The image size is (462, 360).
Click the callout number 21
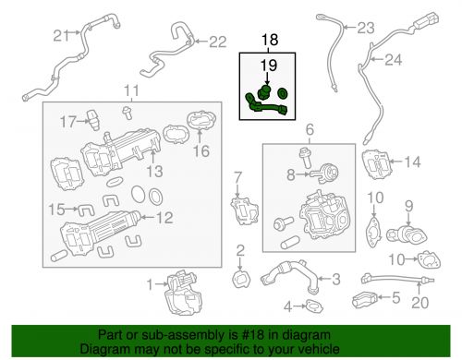click(x=61, y=36)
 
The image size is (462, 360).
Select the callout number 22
click(x=218, y=42)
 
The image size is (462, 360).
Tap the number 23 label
click(x=366, y=28)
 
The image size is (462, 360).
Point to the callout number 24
click(x=394, y=60)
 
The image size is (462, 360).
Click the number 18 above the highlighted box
click(x=270, y=40)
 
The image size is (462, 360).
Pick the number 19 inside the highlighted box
click(x=269, y=66)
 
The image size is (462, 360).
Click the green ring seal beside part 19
click(x=282, y=93)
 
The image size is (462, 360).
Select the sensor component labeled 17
click(x=93, y=120)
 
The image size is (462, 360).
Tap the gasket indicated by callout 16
click(x=201, y=121)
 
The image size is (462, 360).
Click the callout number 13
click(x=154, y=172)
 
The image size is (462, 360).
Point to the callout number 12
click(x=164, y=218)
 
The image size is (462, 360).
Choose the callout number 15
click(x=57, y=210)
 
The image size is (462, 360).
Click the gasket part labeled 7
click(x=245, y=210)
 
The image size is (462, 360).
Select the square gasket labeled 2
click(x=241, y=280)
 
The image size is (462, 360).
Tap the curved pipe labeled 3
click(x=289, y=275)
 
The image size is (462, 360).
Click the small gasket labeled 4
click(x=314, y=306)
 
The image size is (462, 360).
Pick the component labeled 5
click(x=365, y=299)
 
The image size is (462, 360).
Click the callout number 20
click(x=419, y=303)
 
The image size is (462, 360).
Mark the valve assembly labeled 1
click(x=183, y=293)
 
